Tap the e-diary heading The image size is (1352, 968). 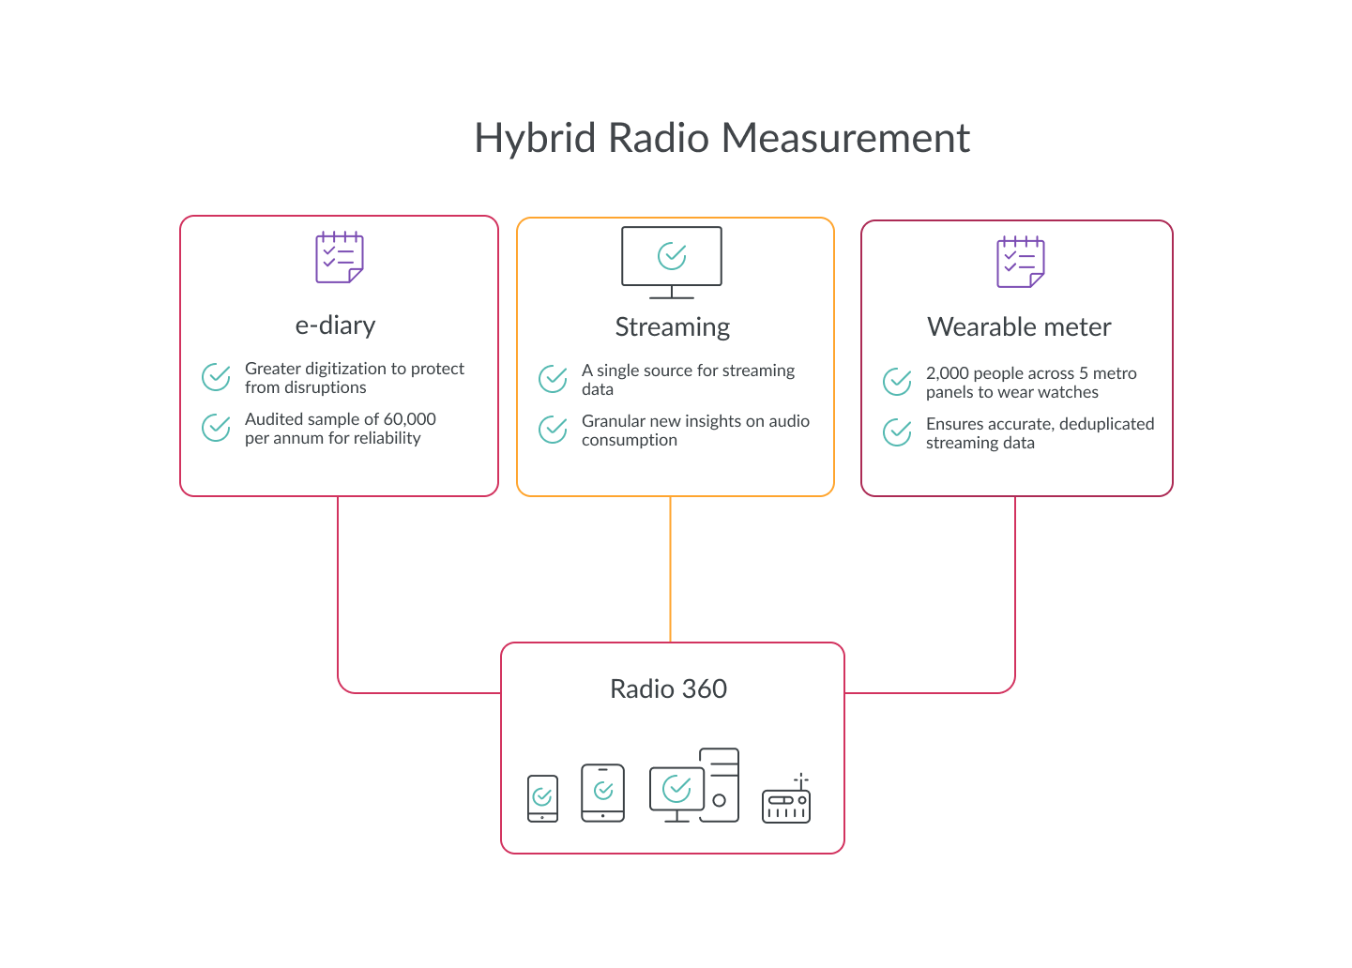point(336,325)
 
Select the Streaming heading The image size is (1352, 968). point(673,327)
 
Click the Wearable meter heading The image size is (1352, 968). point(1019,327)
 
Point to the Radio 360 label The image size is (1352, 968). point(668,688)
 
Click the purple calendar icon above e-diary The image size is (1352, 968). point(340,256)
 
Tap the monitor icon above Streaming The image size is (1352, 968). point(671,263)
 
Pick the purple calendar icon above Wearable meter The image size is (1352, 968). point(1021,262)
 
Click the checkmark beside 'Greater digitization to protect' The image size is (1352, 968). point(216,377)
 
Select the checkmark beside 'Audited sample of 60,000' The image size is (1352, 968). point(216,428)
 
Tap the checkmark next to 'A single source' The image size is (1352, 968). point(553,379)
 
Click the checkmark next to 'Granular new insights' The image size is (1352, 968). point(553,430)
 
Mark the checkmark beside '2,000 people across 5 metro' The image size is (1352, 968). point(898,382)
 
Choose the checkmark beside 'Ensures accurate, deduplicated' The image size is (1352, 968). point(898,432)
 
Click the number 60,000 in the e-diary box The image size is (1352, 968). point(409,419)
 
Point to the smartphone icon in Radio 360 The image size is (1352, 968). point(542,798)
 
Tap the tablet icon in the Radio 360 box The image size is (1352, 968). point(602,793)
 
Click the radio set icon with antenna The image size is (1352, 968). point(786,798)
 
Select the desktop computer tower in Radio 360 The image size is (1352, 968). point(720,784)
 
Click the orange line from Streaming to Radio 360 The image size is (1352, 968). point(670,569)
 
